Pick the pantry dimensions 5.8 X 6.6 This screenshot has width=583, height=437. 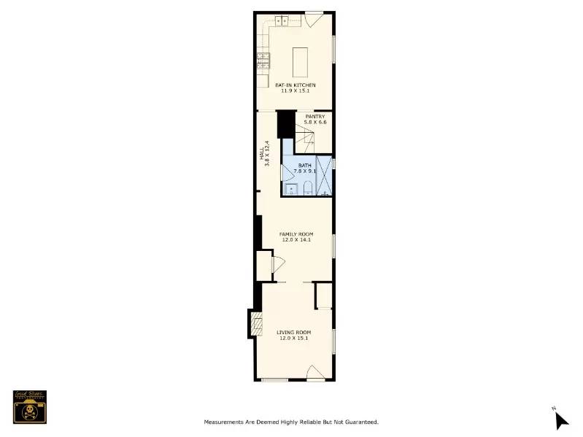pos(314,123)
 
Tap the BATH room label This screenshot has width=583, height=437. pos(304,166)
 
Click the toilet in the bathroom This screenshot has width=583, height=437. pos(307,190)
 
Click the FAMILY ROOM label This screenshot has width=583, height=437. pos(296,233)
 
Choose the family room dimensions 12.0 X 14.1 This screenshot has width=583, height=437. pos(296,239)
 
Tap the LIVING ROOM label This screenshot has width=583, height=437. pos(294,332)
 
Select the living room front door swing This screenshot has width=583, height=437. pos(314,372)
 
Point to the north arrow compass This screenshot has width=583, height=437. pos(560,419)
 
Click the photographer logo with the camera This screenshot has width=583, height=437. pos(30,406)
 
